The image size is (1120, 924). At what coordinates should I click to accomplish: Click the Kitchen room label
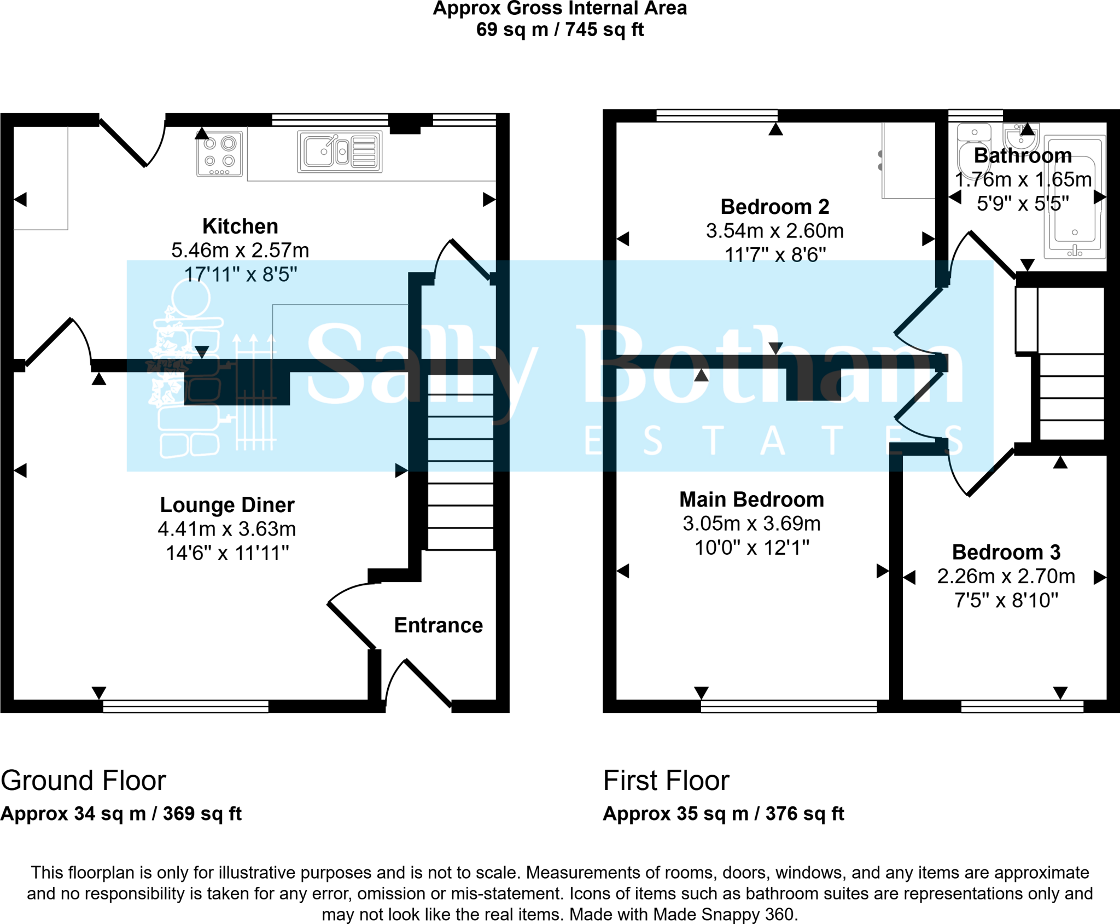240,226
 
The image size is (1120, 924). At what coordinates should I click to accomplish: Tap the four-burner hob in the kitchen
219,154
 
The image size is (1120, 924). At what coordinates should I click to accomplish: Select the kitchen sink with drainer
340,152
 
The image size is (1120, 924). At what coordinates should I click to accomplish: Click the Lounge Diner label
227,504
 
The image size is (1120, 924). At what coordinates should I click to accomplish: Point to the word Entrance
439,625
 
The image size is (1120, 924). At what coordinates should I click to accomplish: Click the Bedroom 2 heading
775,207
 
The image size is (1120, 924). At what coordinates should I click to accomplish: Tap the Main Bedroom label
751,499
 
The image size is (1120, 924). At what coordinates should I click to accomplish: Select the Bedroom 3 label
1006,552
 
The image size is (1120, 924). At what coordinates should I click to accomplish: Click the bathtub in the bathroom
1075,197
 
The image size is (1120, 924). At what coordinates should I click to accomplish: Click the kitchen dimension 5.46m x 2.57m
240,250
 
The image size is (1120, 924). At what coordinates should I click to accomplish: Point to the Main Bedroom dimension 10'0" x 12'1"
752,548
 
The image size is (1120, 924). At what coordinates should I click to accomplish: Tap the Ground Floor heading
83,780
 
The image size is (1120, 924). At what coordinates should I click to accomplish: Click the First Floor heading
666,780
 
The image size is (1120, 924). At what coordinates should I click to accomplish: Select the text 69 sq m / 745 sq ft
560,30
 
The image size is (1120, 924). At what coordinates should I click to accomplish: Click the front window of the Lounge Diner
186,706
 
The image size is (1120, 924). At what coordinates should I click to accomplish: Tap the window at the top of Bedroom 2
717,115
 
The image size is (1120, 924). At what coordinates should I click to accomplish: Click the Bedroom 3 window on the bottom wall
1022,706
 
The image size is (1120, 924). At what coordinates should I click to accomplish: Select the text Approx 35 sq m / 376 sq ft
724,813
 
